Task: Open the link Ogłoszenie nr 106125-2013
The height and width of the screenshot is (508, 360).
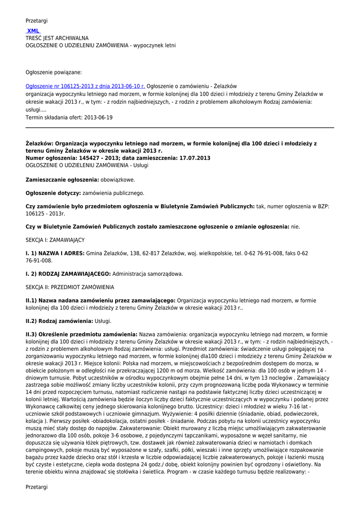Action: (85, 86)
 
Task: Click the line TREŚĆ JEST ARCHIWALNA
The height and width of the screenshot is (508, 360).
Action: (57, 38)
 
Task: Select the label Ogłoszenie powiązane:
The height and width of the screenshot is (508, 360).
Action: (54, 72)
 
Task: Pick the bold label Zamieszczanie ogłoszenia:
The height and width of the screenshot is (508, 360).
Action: (62, 180)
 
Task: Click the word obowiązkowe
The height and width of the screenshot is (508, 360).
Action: (118, 180)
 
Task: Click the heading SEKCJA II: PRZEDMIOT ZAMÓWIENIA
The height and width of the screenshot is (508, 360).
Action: (70, 287)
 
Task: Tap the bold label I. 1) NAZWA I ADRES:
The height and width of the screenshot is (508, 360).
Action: (55, 253)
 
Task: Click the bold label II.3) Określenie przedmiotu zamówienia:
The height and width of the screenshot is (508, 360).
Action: (81, 334)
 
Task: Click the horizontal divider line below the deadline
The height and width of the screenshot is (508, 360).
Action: (180, 127)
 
